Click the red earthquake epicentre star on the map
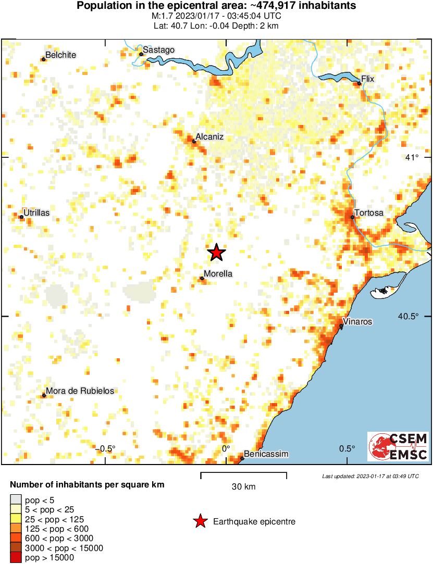coord(217,253)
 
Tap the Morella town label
coord(218,274)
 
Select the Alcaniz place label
coord(209,136)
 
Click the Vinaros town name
coord(358,321)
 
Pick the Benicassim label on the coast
coord(266,454)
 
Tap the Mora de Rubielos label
coord(80,391)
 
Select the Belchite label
coord(60,55)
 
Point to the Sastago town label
coord(158,49)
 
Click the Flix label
coord(368,79)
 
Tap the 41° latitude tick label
coord(413,158)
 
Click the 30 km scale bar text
coord(244,487)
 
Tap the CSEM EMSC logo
coord(399,446)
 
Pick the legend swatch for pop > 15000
coord(16,558)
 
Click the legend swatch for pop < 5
coord(16,499)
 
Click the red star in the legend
coord(200,521)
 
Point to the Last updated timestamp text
coord(370,476)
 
